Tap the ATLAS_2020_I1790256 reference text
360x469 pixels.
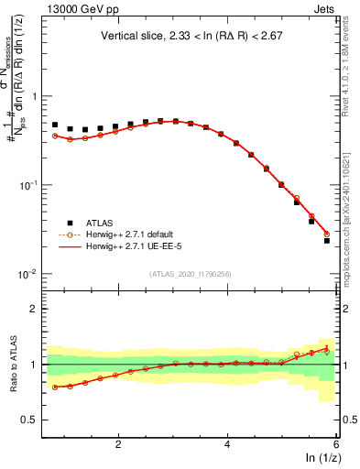[190, 274]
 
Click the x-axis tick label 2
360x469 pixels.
[118, 444]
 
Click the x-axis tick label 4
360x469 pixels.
[227, 444]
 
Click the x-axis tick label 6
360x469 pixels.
[335, 444]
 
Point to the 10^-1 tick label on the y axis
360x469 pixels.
[29, 185]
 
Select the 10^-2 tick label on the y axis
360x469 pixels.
[29, 274]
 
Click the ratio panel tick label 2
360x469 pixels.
[34, 309]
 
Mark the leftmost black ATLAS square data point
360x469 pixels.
[55, 125]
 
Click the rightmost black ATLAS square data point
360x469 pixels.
[327, 240]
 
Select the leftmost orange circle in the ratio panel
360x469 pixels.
[55, 387]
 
